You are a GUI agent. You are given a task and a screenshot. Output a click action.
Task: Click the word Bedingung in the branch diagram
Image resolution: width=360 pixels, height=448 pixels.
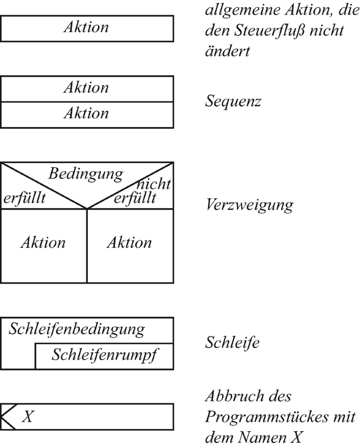[x=86, y=174]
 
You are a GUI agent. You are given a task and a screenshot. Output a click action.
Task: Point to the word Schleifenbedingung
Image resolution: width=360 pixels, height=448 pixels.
[x=77, y=330]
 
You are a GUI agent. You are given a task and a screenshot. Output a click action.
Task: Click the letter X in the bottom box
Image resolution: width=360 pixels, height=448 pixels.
[x=28, y=418]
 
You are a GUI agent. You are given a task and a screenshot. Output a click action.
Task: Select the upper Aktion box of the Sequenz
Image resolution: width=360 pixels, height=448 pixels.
[x=86, y=88]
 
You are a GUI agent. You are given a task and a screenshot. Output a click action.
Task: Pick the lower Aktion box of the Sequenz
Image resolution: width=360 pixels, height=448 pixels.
[x=86, y=114]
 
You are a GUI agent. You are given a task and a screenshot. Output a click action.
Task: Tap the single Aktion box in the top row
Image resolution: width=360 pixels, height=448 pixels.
[x=86, y=28]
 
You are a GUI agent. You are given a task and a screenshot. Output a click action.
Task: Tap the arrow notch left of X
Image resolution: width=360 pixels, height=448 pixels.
[x=8, y=417]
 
